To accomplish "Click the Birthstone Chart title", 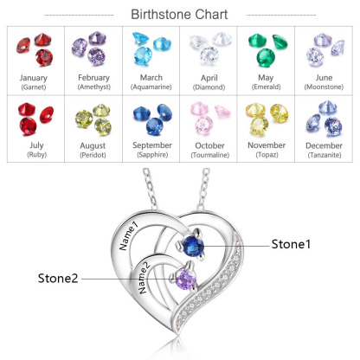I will pos(179,14).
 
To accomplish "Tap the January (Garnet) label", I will pos(33,82).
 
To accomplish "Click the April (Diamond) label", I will pos(208,82).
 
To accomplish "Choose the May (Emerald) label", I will pos(266,82).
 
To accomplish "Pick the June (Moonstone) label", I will pos(325,82).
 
